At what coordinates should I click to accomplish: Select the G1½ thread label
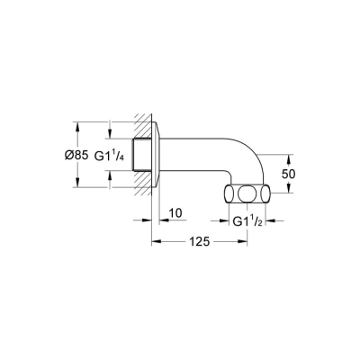click(x=249, y=222)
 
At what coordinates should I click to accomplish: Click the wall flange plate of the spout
click(x=156, y=155)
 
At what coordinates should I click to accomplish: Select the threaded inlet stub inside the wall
click(x=140, y=155)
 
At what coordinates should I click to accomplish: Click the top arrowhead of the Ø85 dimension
click(x=78, y=126)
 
